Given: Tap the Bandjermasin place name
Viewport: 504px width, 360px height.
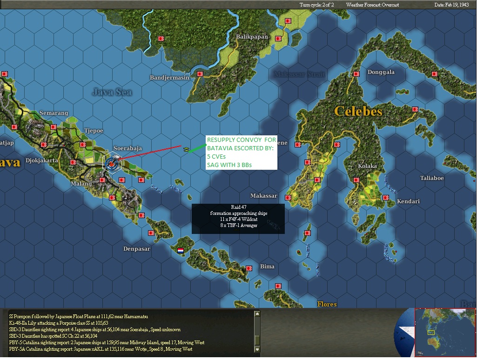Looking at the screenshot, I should coord(169,78).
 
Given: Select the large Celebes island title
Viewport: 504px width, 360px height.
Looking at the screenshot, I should coord(358,111).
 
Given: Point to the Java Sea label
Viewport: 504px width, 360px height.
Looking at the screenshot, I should coord(112,92).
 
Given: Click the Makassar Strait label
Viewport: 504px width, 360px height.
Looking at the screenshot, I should coord(299,74).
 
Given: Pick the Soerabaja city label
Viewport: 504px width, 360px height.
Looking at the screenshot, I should coord(128,148).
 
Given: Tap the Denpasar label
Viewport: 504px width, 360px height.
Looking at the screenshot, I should coord(137,249).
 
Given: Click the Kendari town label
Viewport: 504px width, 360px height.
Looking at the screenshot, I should coord(408,201).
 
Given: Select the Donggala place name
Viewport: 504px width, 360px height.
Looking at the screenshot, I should coord(381,72).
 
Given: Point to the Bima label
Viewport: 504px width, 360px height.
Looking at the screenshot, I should coord(267,267).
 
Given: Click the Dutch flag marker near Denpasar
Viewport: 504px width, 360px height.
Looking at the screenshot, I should coord(181,250).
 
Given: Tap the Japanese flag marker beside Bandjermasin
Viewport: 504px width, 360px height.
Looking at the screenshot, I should coord(200,74).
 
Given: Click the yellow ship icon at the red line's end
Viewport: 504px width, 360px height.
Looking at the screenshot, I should coord(186,150).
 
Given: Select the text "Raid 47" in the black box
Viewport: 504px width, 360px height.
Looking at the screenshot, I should coord(238,207).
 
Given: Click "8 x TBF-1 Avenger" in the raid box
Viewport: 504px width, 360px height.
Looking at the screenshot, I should coord(238,225).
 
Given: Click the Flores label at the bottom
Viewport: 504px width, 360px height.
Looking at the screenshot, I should coord(327,304).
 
